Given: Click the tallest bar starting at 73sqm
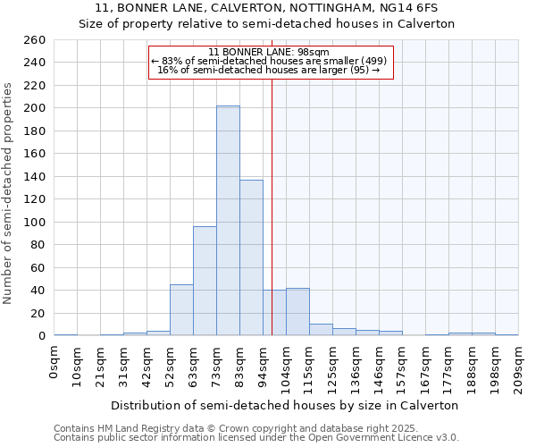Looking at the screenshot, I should [x=228, y=221].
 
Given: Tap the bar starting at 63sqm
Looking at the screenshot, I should [x=205, y=281].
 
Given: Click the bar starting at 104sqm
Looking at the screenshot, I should [x=297, y=312].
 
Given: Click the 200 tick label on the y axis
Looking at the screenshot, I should [x=35, y=108].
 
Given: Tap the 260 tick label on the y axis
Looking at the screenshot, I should [x=35, y=40].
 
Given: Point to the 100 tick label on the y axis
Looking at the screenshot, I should [x=35, y=222].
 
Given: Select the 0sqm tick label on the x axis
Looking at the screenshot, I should [x=54, y=362].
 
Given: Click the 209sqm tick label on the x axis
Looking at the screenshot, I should [x=519, y=366].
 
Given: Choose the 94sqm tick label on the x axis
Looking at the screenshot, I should [x=264, y=365].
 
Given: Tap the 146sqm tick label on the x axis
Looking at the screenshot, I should [x=380, y=366].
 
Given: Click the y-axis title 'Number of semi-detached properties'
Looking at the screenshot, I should [x=9, y=193].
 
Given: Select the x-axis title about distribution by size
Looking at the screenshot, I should [x=285, y=405].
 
